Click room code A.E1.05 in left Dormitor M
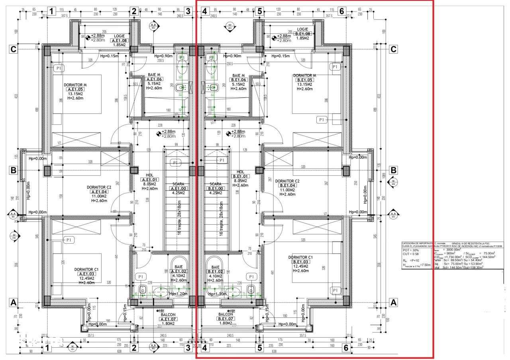[75, 90]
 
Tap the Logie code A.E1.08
[119, 40]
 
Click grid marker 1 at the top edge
[51, 11]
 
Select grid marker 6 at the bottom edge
[346, 348]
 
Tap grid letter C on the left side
[14, 49]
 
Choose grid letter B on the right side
[393, 170]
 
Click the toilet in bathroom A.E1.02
[142, 289]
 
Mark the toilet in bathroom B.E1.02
[251, 289]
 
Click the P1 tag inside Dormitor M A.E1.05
[59, 68]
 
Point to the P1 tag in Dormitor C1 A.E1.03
[69, 240]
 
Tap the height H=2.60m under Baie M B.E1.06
[238, 88]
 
